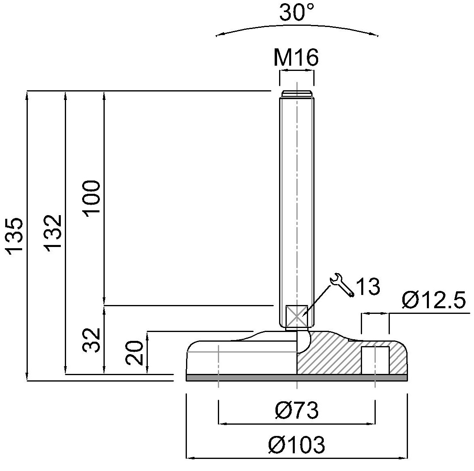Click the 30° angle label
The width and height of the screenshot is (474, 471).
[297, 13]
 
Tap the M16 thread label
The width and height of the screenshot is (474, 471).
[296, 58]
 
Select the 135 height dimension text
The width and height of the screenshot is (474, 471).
[15, 236]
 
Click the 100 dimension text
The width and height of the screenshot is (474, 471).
[92, 198]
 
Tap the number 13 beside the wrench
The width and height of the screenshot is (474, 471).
[368, 286]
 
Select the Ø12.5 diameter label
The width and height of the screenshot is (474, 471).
[433, 301]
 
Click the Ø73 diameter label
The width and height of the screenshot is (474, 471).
[297, 411]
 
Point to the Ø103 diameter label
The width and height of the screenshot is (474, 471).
[297, 445]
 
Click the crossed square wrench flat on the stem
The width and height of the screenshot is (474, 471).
[296, 316]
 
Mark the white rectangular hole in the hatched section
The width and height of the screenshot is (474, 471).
[375, 360]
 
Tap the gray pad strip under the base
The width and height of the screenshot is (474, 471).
[297, 378]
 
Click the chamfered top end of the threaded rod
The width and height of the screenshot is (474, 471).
[297, 94]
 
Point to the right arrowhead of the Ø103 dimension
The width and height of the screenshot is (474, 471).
[405, 458]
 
